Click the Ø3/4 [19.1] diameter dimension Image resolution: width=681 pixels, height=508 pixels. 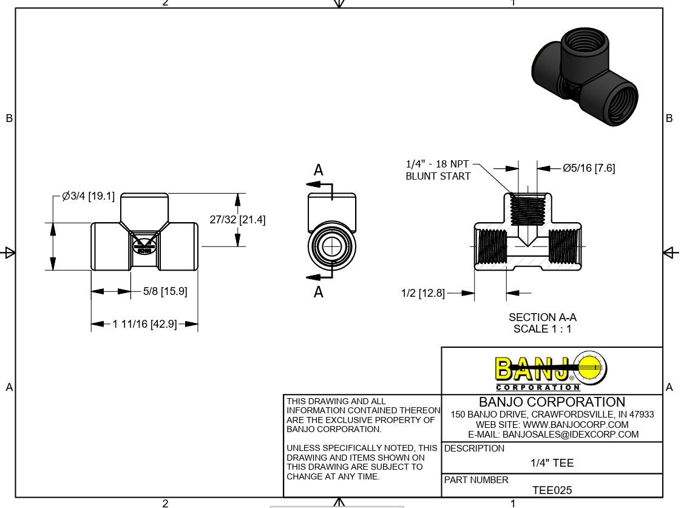click(x=89, y=197)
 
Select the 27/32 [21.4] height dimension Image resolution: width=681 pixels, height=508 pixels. click(x=237, y=220)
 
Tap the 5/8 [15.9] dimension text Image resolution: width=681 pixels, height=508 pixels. click(x=165, y=291)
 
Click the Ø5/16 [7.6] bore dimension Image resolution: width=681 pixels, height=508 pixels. click(x=588, y=168)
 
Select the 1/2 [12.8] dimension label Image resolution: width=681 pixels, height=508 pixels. click(x=422, y=293)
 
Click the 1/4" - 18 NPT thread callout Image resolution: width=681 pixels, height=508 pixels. click(x=437, y=164)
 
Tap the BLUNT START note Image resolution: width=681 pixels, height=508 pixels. click(x=438, y=176)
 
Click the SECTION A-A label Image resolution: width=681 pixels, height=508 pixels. click(x=542, y=317)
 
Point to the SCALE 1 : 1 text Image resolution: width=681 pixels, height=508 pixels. click(x=542, y=329)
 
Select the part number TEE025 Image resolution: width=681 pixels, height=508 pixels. click(x=552, y=490)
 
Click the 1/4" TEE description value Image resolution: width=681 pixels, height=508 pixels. click(x=552, y=463)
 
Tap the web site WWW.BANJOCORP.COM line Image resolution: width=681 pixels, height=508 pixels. click(x=552, y=425)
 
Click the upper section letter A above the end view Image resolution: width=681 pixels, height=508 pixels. click(x=319, y=171)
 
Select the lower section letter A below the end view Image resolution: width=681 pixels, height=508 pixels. click(x=319, y=293)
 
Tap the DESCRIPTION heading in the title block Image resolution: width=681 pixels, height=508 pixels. click(x=474, y=449)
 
